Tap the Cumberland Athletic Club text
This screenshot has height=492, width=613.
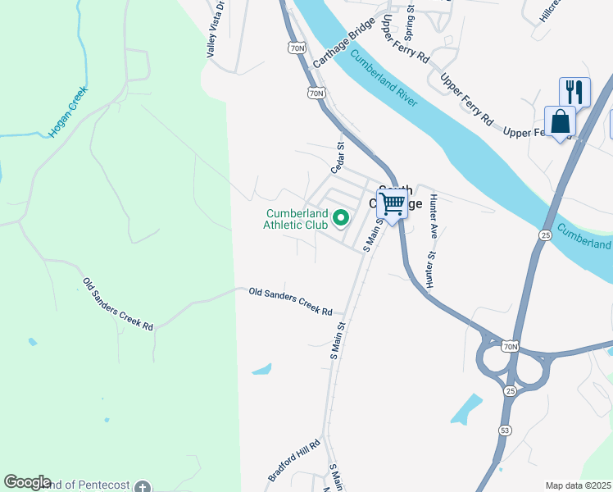click(296, 219)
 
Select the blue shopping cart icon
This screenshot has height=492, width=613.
click(393, 203)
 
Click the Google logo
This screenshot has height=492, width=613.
click(27, 482)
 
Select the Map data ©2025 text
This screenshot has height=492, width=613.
click(579, 485)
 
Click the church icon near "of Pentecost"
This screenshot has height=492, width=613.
click(143, 485)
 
